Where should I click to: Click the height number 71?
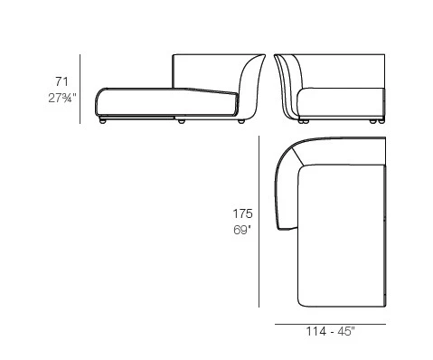[61, 81]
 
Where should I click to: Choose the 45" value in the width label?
[346, 333]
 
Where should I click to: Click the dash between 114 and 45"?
[331, 333]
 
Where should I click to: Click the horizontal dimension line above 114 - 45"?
[330, 323]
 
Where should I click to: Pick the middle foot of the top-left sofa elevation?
[182, 121]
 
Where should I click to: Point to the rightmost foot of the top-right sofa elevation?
[373, 121]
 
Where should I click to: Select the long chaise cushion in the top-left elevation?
[163, 102]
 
